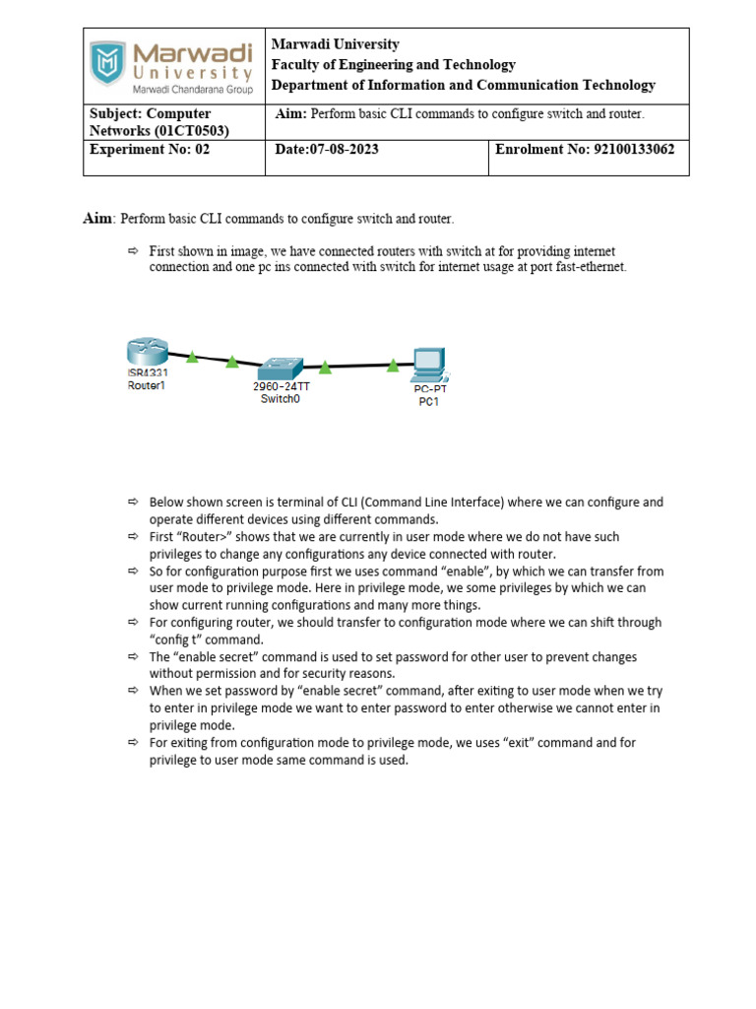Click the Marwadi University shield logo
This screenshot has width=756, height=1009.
[108, 63]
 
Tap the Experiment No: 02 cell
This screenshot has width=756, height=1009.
[150, 150]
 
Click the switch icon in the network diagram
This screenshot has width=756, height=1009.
[281, 367]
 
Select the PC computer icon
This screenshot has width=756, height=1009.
[430, 365]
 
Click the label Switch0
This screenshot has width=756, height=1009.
[281, 399]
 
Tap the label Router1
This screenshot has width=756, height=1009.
[147, 386]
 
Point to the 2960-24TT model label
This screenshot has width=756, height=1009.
[282, 387]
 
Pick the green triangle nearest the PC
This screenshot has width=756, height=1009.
[393, 366]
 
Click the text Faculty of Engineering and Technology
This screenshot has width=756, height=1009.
[393, 64]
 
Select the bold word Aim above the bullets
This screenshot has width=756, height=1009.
[98, 218]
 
